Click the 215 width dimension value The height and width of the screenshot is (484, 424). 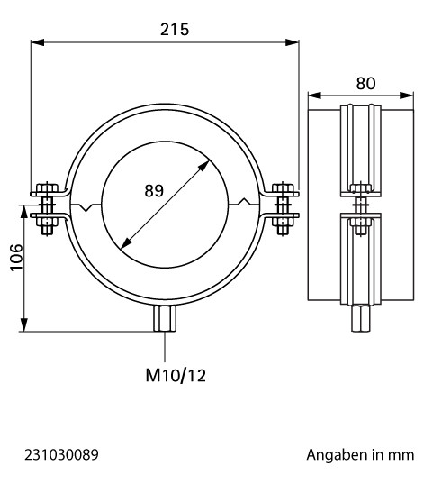(175, 30)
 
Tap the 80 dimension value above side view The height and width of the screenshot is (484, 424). (365, 83)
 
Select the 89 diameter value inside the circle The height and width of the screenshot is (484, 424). (154, 190)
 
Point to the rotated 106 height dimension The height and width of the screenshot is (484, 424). (16, 258)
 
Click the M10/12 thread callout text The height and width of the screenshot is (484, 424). (176, 376)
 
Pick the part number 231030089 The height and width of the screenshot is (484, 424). (61, 454)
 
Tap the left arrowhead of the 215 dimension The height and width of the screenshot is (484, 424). (37, 42)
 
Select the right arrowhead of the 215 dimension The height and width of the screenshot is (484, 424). (292, 42)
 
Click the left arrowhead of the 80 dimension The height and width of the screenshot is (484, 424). (315, 96)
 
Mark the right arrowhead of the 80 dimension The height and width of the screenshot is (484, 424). (406, 96)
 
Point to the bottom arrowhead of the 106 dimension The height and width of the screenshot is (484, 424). (23, 324)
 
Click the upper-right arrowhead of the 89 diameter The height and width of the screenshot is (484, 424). (203, 166)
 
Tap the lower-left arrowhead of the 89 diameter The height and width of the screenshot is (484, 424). (125, 243)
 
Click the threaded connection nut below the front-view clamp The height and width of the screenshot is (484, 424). (165, 318)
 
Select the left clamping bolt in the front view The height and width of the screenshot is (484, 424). (47, 208)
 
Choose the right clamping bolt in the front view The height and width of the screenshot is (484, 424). (283, 208)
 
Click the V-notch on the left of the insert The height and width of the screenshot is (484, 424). (87, 207)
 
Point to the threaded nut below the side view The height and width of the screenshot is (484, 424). (361, 318)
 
